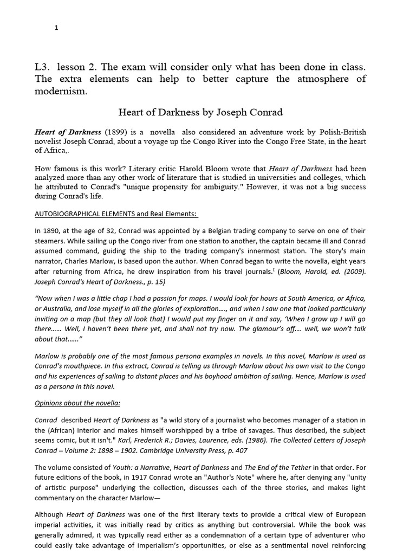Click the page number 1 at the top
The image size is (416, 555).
(56, 28)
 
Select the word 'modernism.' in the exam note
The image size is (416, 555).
(61, 91)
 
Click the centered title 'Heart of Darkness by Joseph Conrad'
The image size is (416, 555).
(200, 113)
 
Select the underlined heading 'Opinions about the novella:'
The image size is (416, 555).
(77, 403)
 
